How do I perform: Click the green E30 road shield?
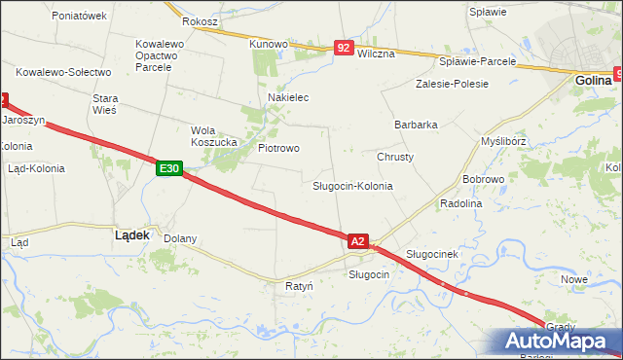[168, 168]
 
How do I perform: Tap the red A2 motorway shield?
[357, 240]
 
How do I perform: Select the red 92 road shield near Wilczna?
[343, 47]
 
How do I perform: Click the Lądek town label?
[131, 235]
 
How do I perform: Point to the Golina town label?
[592, 81]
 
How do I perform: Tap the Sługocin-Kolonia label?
[352, 185]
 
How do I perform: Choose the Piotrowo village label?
[278, 148]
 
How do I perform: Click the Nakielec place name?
[288, 98]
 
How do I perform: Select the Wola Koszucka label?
[214, 136]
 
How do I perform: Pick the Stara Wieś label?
[104, 104]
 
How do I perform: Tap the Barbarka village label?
[416, 125]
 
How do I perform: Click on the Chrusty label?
[395, 157]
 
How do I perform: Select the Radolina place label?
[461, 204]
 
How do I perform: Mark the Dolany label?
[180, 238]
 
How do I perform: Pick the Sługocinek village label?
[431, 254]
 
